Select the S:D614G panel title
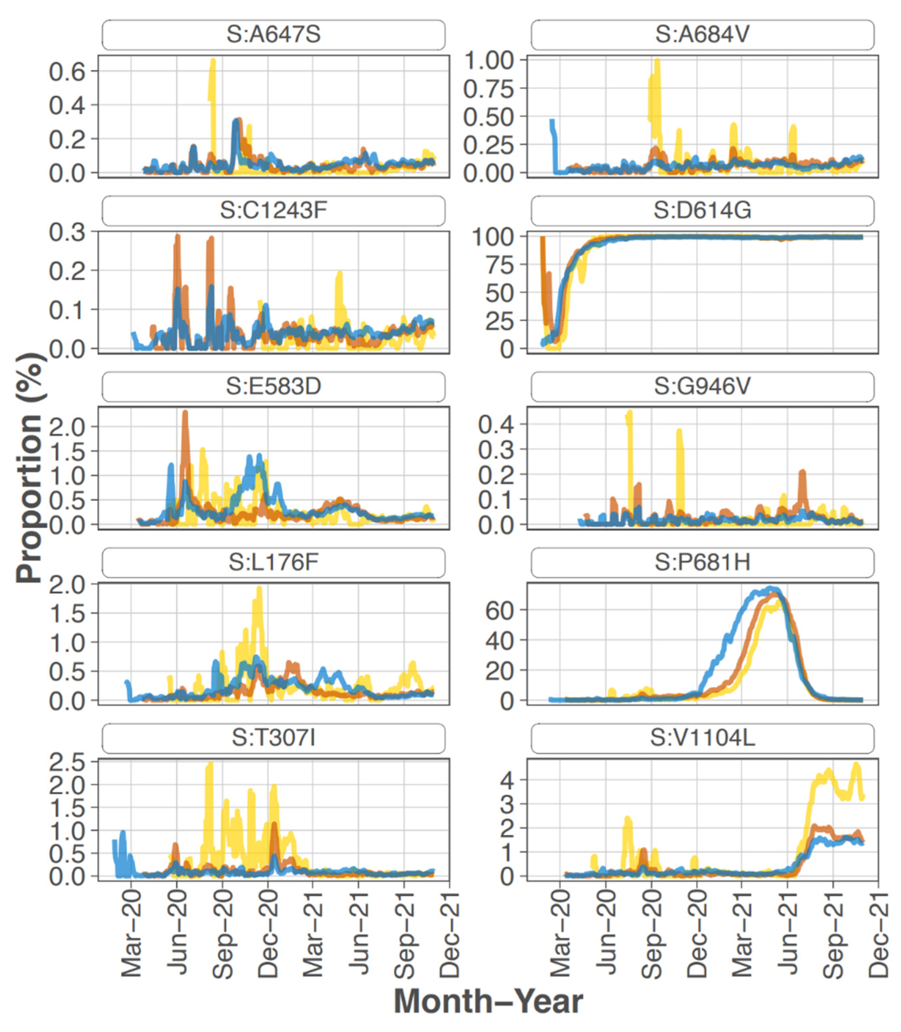click(702, 211)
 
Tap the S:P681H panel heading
click(702, 563)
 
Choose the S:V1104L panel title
click(702, 738)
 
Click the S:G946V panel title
click(702, 386)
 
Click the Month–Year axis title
click(488, 1001)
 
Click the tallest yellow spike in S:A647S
click(213, 61)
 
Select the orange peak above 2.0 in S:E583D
click(185, 413)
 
